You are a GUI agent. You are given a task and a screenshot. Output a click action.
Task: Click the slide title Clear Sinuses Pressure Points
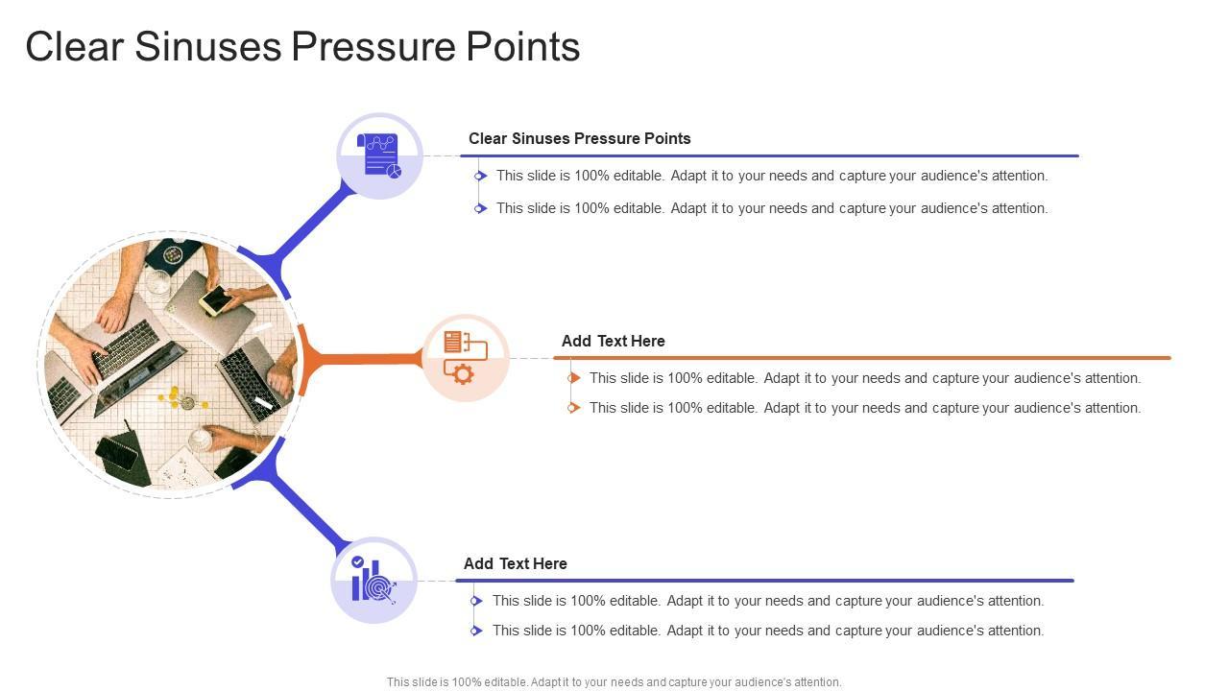click(x=302, y=47)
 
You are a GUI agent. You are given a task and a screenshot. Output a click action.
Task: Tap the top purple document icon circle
click(x=380, y=156)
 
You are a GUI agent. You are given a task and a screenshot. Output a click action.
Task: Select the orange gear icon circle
click(x=466, y=358)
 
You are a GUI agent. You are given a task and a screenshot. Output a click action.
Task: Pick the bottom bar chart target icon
click(x=374, y=581)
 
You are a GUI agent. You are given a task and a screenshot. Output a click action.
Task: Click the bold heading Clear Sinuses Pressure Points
click(x=579, y=138)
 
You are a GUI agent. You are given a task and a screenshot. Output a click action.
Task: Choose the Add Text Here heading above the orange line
click(x=613, y=341)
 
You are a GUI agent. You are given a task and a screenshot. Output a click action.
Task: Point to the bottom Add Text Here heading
click(x=515, y=563)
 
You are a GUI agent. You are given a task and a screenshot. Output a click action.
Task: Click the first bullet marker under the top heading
click(x=480, y=176)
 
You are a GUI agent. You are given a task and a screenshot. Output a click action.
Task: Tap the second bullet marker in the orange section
click(x=573, y=408)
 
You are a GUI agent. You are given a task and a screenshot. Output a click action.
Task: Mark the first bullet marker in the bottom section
click(x=476, y=601)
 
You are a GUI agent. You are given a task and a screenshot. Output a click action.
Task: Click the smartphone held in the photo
click(x=215, y=300)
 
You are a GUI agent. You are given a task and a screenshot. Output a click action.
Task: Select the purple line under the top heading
click(x=768, y=155)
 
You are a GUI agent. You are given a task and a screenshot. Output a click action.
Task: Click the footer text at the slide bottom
click(x=614, y=682)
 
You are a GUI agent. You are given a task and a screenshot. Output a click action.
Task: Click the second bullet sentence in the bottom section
click(x=767, y=631)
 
